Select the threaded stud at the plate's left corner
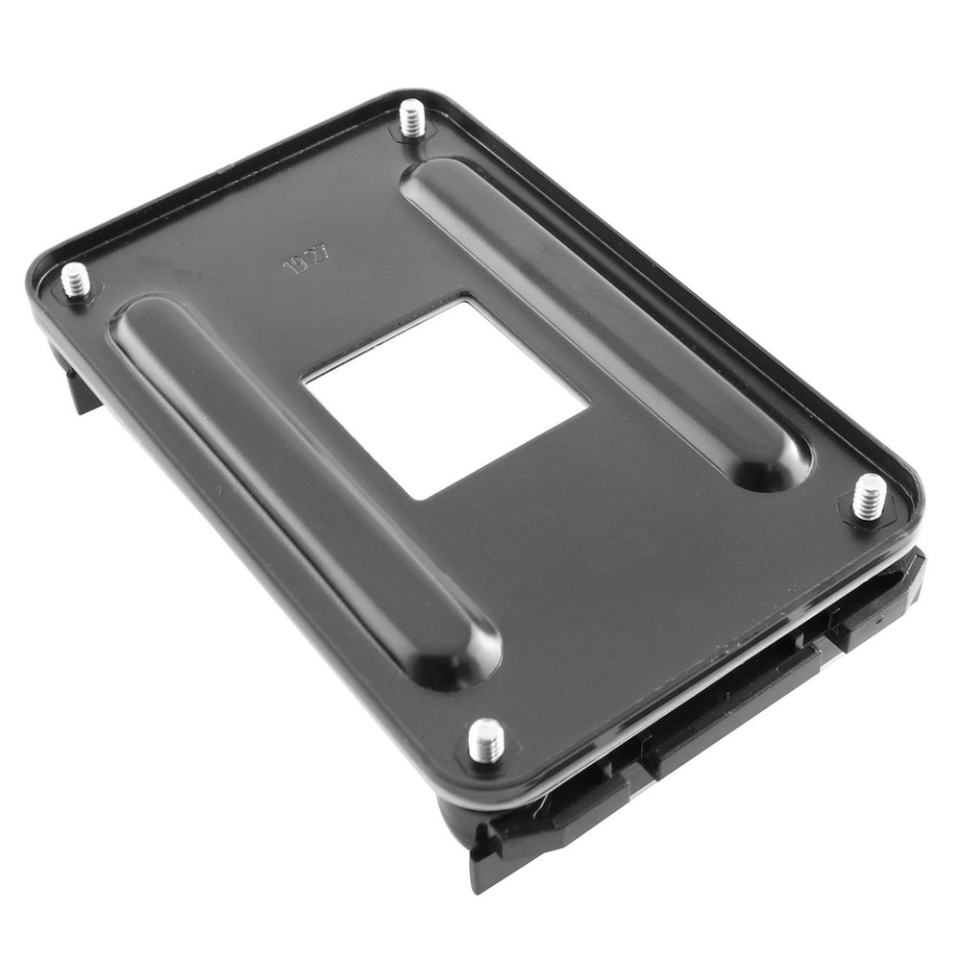[x=76, y=281]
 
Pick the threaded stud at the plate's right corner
[x=870, y=497]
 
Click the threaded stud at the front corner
[x=486, y=740]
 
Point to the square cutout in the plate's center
[x=444, y=396]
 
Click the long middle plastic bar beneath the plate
[x=730, y=702]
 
